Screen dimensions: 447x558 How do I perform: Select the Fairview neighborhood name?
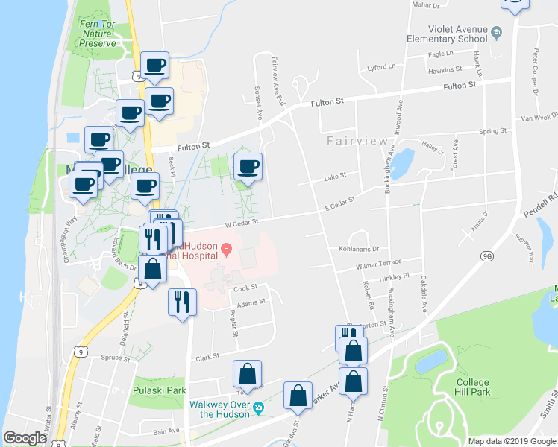click(357, 141)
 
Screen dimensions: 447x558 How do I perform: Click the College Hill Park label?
click(472, 387)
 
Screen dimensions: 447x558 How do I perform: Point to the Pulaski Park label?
click(158, 390)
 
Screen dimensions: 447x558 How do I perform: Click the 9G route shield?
click(488, 256)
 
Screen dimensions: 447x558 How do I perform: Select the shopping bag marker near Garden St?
click(298, 396)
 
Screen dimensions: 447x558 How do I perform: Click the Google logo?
click(25, 438)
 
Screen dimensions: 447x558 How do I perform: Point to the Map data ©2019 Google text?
click(512, 440)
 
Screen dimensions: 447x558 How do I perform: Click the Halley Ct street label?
click(433, 148)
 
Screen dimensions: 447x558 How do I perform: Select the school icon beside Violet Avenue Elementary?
click(497, 33)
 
